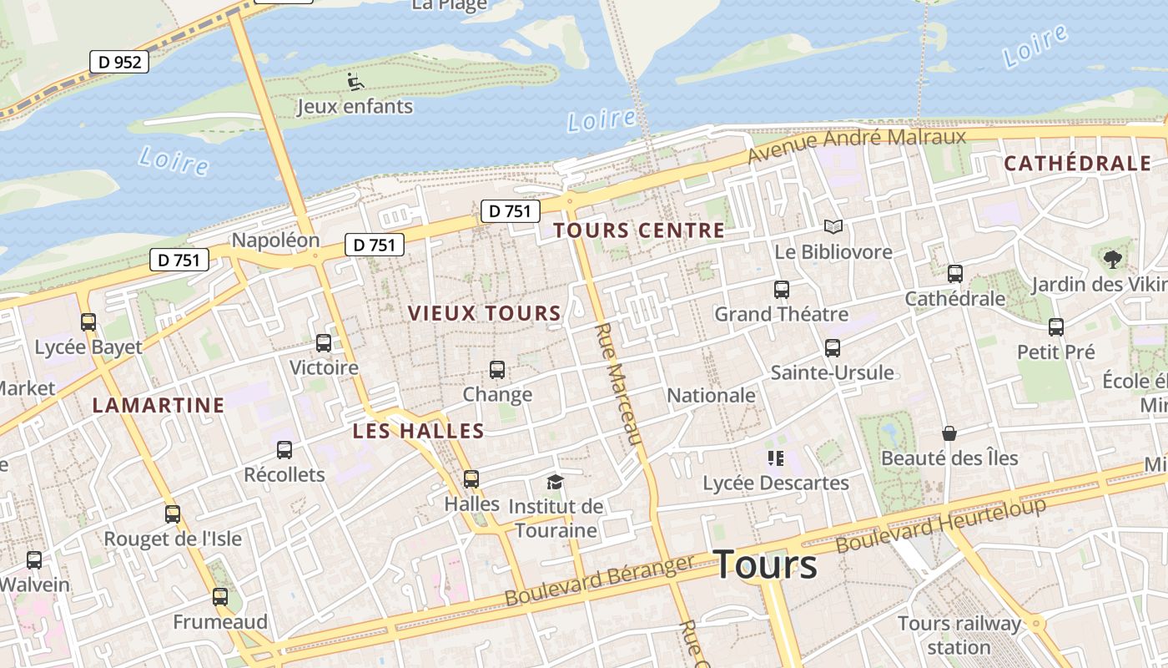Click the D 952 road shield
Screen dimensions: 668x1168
pos(119,62)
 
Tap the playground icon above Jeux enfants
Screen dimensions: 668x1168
pos(355,82)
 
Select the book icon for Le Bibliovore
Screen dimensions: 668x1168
pos(833,226)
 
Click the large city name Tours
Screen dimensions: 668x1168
pos(766,564)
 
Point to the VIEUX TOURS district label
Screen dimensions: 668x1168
pos(484,314)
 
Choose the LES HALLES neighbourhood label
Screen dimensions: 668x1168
pos(418,432)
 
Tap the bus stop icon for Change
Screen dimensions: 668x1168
pos(497,369)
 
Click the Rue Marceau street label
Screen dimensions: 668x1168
pos(619,384)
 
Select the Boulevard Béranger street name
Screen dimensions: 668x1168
pos(599,581)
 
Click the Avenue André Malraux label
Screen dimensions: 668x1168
pos(856,145)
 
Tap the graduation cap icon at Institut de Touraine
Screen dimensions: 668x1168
pos(555,482)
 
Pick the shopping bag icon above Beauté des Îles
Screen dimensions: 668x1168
pos(949,433)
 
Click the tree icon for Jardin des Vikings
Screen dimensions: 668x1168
pos(1112,259)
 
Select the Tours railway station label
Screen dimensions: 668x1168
pos(959,635)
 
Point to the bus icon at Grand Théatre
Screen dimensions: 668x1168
pos(782,290)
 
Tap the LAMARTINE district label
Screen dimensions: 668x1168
pos(158,406)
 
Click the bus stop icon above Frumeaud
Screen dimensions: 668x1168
pos(220,597)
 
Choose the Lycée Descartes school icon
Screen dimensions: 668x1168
pos(775,458)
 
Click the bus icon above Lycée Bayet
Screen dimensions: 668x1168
pos(88,321)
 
